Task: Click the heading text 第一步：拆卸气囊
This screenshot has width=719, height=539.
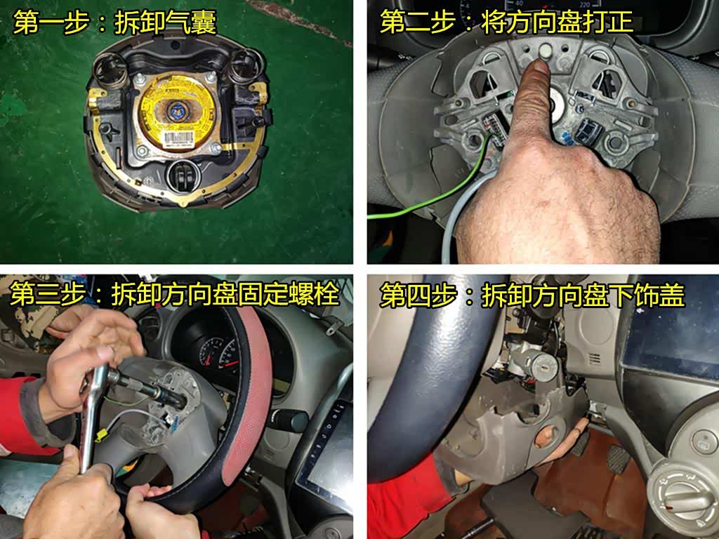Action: (x=114, y=22)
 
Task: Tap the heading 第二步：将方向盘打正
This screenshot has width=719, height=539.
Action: (x=507, y=21)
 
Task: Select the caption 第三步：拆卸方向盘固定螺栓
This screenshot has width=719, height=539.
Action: (x=174, y=294)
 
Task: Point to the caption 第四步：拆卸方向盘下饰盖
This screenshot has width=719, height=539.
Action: (x=532, y=295)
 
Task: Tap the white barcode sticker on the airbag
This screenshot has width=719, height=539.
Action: (x=176, y=138)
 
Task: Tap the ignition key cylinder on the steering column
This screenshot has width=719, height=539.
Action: (x=541, y=366)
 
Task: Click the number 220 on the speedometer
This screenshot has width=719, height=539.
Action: (x=584, y=4)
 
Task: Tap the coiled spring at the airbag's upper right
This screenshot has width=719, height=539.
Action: (x=248, y=64)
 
